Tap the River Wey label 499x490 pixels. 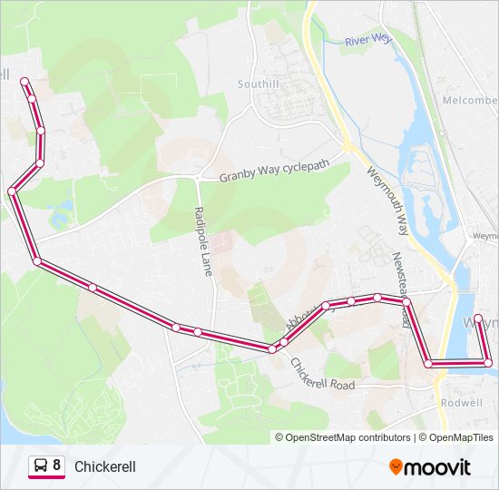tap(367, 41)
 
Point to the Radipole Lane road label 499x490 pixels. tap(203, 240)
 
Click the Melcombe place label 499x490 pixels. tap(470, 101)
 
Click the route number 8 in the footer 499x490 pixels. tap(57, 466)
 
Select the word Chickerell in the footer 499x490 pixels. tap(105, 466)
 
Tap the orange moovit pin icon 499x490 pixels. tap(396, 466)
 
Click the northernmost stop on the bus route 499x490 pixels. tap(24, 81)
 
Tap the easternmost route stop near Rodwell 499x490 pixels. tap(488, 363)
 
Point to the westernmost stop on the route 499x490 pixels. tap(12, 191)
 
